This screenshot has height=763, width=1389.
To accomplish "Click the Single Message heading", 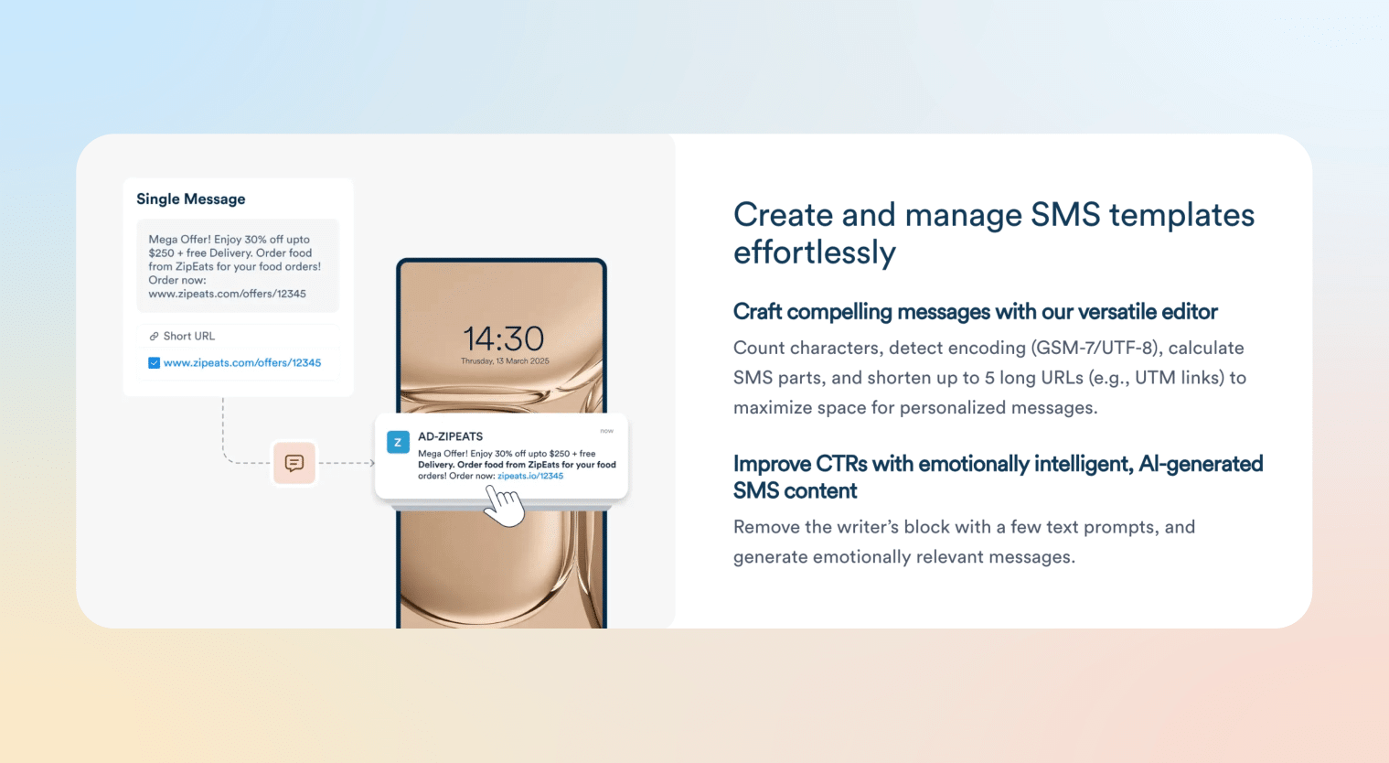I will (191, 199).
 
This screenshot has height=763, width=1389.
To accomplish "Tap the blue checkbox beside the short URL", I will (154, 363).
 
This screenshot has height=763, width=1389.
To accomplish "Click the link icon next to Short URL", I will (154, 337).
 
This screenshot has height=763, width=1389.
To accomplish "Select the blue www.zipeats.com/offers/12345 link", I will (242, 363).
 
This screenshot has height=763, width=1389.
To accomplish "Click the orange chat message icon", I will (294, 463).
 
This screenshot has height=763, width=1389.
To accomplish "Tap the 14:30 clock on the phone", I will (504, 339).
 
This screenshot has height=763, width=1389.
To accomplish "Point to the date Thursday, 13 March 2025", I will (505, 361).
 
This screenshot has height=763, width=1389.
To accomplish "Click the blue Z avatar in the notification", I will (398, 443).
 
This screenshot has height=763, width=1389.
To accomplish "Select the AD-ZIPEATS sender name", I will (450, 436).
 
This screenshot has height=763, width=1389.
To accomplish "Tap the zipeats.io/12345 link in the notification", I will (530, 476).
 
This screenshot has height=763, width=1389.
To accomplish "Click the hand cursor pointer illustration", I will (502, 505).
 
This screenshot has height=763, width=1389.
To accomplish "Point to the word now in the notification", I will (606, 431).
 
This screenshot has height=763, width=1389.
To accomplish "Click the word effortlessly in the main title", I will (814, 253).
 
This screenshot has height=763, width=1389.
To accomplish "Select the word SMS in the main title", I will (1065, 215).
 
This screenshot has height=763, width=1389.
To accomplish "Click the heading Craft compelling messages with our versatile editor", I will (975, 312).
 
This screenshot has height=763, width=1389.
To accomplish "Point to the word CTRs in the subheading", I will (841, 464).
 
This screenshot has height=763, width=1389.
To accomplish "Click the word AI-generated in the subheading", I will (1201, 464).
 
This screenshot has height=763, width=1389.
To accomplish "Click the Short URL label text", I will (189, 337).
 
